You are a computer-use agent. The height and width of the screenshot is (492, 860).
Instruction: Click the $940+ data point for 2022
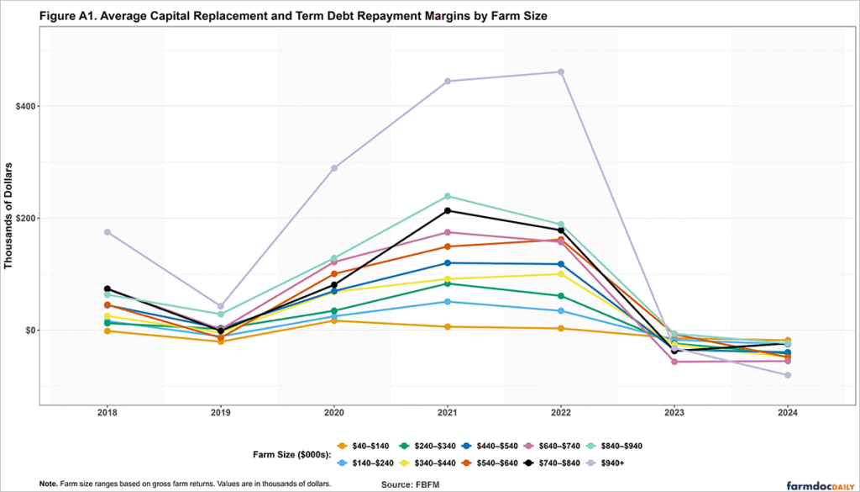(x=560, y=72)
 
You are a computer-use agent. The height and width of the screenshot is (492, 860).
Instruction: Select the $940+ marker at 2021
(x=447, y=82)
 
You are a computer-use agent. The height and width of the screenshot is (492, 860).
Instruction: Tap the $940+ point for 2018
(x=107, y=232)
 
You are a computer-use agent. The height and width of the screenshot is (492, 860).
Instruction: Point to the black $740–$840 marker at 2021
(x=447, y=211)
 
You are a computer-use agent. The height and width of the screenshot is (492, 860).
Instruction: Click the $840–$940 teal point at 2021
(x=447, y=197)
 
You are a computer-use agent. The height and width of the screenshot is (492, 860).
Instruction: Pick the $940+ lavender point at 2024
(x=787, y=375)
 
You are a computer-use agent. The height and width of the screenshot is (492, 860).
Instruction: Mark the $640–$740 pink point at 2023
(x=674, y=362)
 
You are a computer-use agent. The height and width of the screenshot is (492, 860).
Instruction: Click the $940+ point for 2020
(x=333, y=168)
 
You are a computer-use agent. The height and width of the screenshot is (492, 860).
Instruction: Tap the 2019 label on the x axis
(x=220, y=413)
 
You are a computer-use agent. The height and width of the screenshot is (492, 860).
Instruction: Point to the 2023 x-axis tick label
(x=674, y=413)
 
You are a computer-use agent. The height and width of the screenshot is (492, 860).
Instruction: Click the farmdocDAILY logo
(x=819, y=484)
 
